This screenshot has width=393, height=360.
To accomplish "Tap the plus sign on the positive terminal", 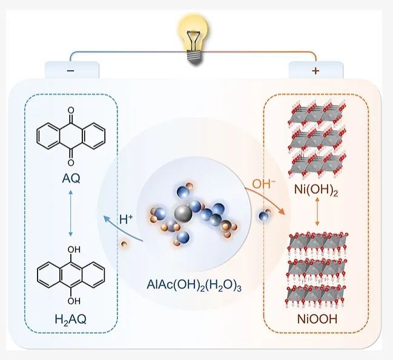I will click(x=315, y=71).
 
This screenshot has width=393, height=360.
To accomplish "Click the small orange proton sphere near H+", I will click(x=124, y=244).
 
